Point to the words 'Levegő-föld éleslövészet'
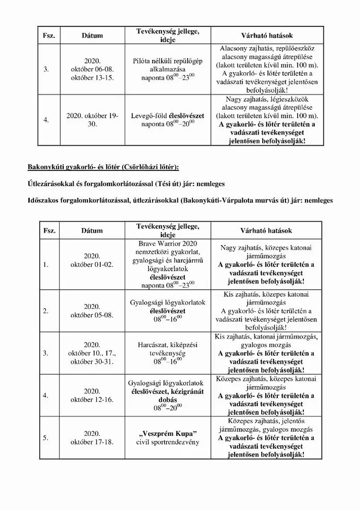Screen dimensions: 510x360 pyautogui.click(x=167, y=116)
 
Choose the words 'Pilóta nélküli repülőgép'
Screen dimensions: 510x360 pyautogui.click(x=167, y=60)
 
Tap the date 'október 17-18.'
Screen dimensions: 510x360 pyautogui.click(x=93, y=442)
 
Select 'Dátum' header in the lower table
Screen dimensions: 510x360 pyautogui.click(x=93, y=231)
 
